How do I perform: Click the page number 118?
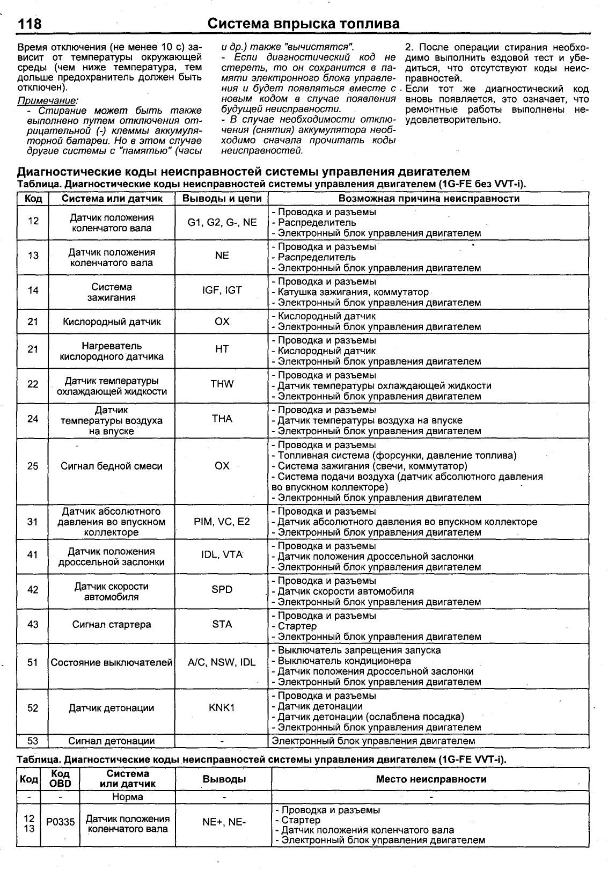pyautogui.click(x=30, y=24)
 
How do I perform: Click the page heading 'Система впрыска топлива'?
pyautogui.click(x=303, y=24)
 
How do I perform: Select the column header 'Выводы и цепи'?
pyautogui.click(x=222, y=199)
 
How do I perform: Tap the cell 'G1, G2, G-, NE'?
pyautogui.click(x=222, y=222)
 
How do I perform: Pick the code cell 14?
pyautogui.click(x=33, y=290)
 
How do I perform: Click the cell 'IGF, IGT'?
pyautogui.click(x=222, y=290)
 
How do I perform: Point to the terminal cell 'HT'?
pyautogui.click(x=222, y=349)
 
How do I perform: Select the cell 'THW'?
pyautogui.click(x=222, y=384)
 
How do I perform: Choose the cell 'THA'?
pyautogui.click(x=222, y=419)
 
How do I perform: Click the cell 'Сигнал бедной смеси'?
pyautogui.click(x=112, y=466)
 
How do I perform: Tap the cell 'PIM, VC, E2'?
pyautogui.click(x=222, y=522)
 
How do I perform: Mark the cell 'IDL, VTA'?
pyautogui.click(x=222, y=555)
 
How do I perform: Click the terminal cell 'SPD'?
pyautogui.click(x=222, y=590)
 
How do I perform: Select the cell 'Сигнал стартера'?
pyautogui.click(x=112, y=625)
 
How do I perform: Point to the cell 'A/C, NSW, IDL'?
pyautogui.click(x=222, y=663)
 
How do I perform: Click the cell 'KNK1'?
pyautogui.click(x=222, y=708)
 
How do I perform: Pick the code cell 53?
pyautogui.click(x=33, y=741)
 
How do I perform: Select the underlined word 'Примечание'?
pyautogui.click(x=47, y=100)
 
